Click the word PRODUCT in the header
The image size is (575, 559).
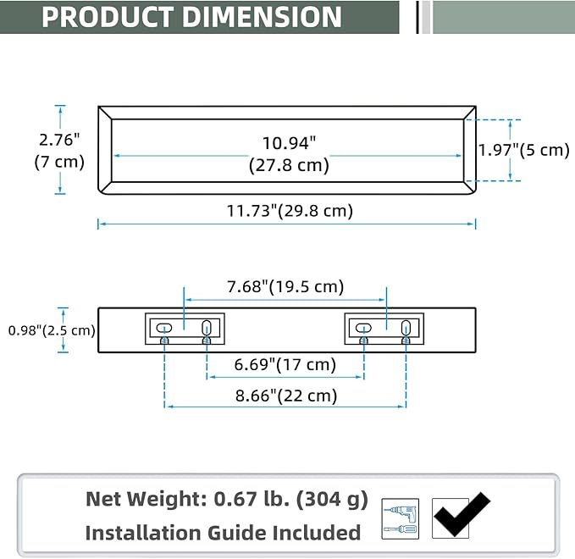108,17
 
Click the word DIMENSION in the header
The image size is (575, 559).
262,17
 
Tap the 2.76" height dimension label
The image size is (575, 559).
59,151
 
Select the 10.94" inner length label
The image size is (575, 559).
289,154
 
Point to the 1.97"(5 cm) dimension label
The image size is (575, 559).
524,150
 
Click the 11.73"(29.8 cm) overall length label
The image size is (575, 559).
290,211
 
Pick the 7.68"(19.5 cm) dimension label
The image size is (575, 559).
285,287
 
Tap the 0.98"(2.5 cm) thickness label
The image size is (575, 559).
52,330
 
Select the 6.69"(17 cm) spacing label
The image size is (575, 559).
285,364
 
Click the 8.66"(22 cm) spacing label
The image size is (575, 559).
286,396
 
